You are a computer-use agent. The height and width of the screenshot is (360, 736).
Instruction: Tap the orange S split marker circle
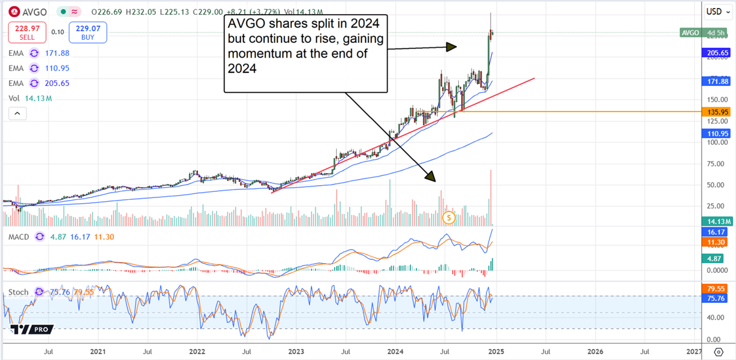point(449,217)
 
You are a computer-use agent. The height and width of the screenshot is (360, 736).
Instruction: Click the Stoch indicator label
point(18,293)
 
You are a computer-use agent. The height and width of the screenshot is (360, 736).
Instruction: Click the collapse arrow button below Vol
point(17,113)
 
